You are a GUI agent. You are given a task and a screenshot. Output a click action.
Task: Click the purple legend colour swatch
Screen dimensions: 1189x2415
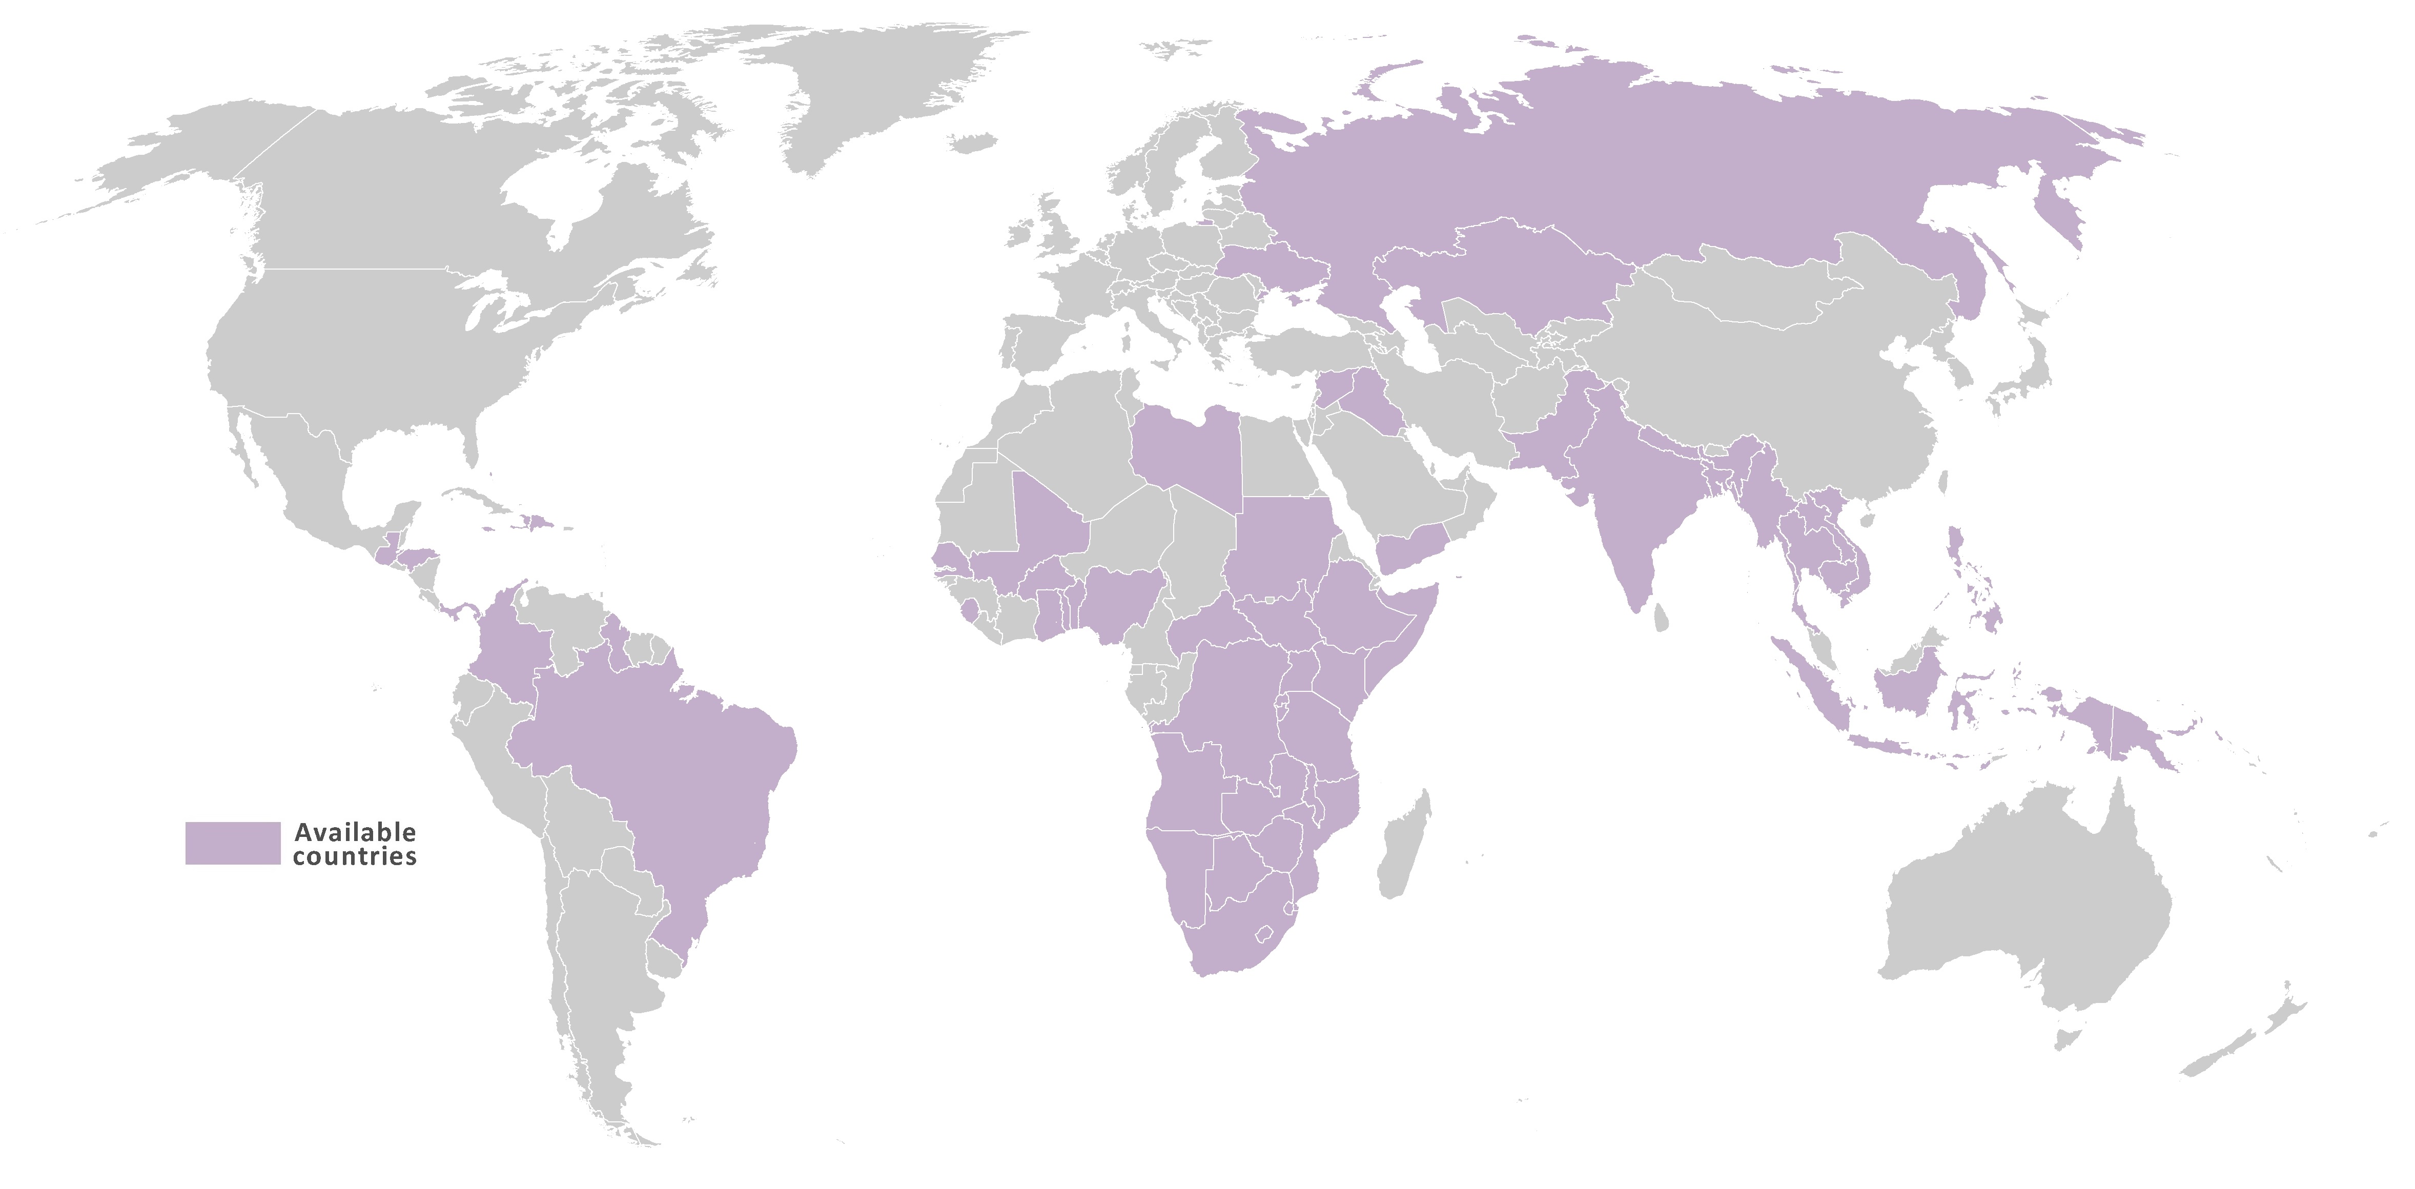[233, 843]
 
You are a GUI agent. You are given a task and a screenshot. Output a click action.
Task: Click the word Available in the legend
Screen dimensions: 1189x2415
[355, 832]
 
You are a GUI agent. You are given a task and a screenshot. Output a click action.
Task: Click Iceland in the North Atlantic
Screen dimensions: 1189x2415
[972, 142]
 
